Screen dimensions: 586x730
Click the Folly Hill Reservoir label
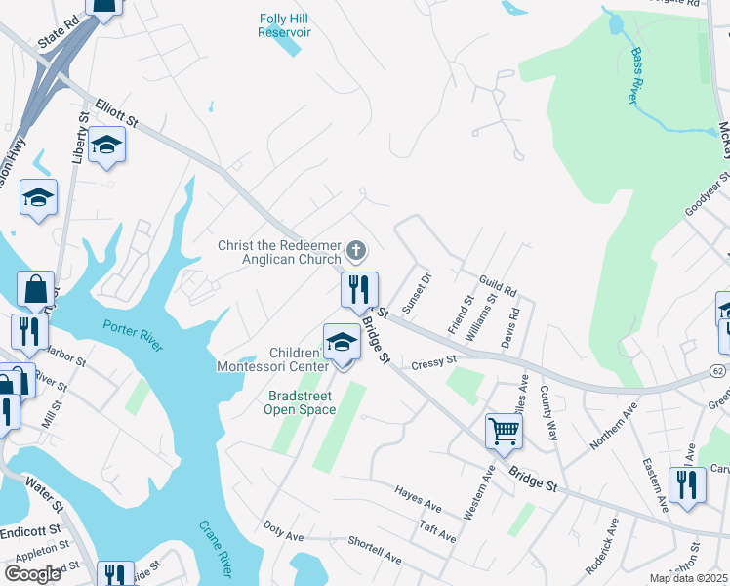tap(284, 25)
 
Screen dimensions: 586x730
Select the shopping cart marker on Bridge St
tap(504, 430)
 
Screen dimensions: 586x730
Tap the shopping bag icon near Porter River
tap(35, 289)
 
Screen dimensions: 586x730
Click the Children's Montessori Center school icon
tap(342, 342)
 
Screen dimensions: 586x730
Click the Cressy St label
tap(434, 361)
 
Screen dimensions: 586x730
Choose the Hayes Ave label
tap(419, 498)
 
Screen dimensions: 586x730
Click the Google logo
tap(32, 573)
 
